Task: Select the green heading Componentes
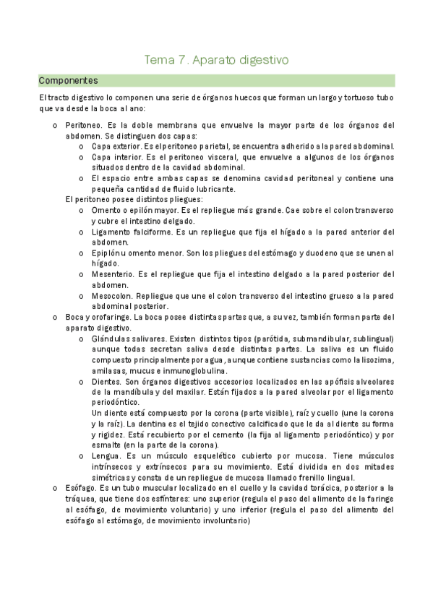(68, 80)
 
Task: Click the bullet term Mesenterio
(115, 274)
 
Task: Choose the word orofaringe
(111, 317)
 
